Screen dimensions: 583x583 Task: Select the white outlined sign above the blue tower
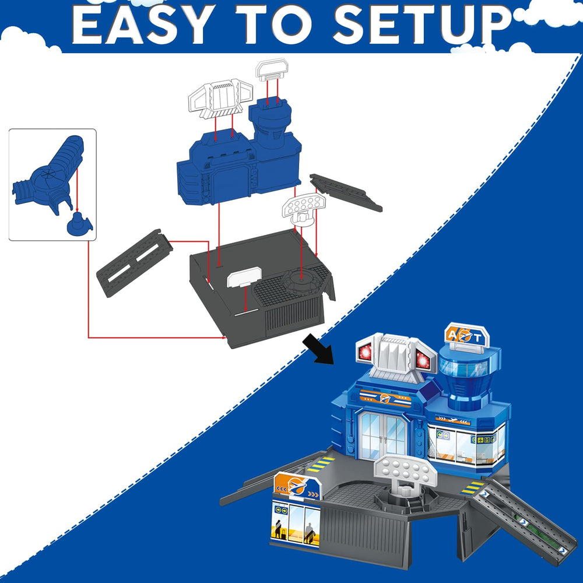pyautogui.click(x=272, y=70)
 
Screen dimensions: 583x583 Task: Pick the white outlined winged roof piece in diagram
pyautogui.click(x=220, y=98)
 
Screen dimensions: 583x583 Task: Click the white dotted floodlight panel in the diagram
pyautogui.click(x=304, y=209)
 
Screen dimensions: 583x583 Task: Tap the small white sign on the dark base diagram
pyautogui.click(x=244, y=278)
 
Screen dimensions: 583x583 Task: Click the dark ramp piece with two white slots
pyautogui.click(x=135, y=263)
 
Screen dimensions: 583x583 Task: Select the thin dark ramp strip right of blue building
pyautogui.click(x=346, y=192)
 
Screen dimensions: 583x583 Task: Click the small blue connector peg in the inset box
pyautogui.click(x=79, y=224)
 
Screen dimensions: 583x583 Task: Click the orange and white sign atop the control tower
pyautogui.click(x=467, y=336)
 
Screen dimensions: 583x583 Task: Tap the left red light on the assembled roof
pyautogui.click(x=365, y=351)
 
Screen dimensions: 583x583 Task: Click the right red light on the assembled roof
pyautogui.click(x=424, y=360)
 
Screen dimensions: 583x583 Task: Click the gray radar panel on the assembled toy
pyautogui.click(x=406, y=470)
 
